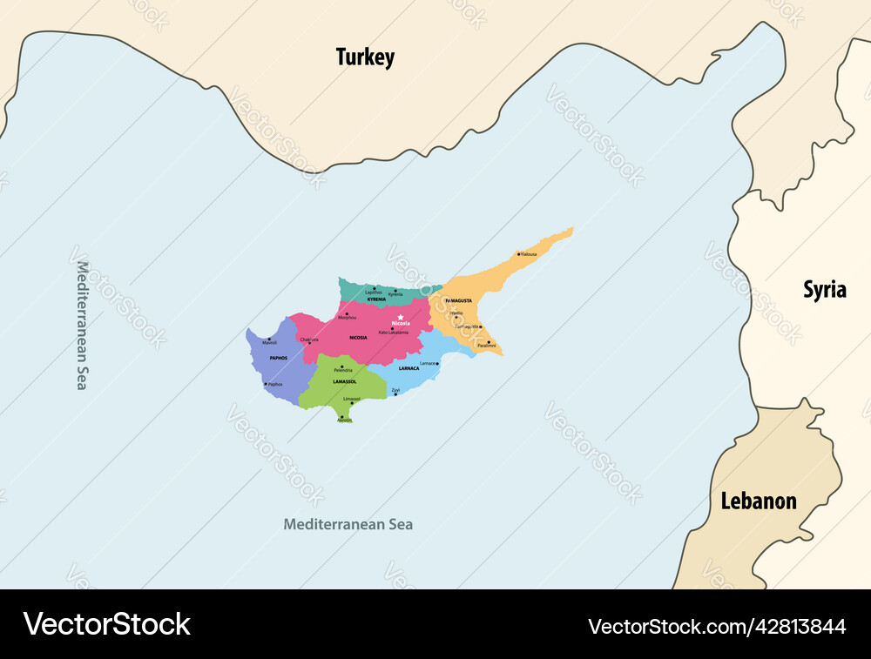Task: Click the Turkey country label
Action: point(365,57)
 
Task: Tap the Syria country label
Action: point(824,290)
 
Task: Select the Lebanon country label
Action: point(758,501)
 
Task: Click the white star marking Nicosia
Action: point(401,317)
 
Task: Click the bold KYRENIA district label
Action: point(376,299)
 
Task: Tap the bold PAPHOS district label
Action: point(279,358)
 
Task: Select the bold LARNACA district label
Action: point(408,368)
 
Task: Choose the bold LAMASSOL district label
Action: point(345,382)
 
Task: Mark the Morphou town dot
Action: point(347,313)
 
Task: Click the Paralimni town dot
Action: point(489,341)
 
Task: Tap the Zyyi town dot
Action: point(395,394)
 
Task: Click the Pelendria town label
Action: point(343,371)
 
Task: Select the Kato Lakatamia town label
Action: point(393,333)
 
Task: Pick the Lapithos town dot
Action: point(375,287)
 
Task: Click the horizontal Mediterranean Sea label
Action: point(348,524)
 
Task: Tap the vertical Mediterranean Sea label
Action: point(82,325)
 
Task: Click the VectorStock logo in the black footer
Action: point(107,624)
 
